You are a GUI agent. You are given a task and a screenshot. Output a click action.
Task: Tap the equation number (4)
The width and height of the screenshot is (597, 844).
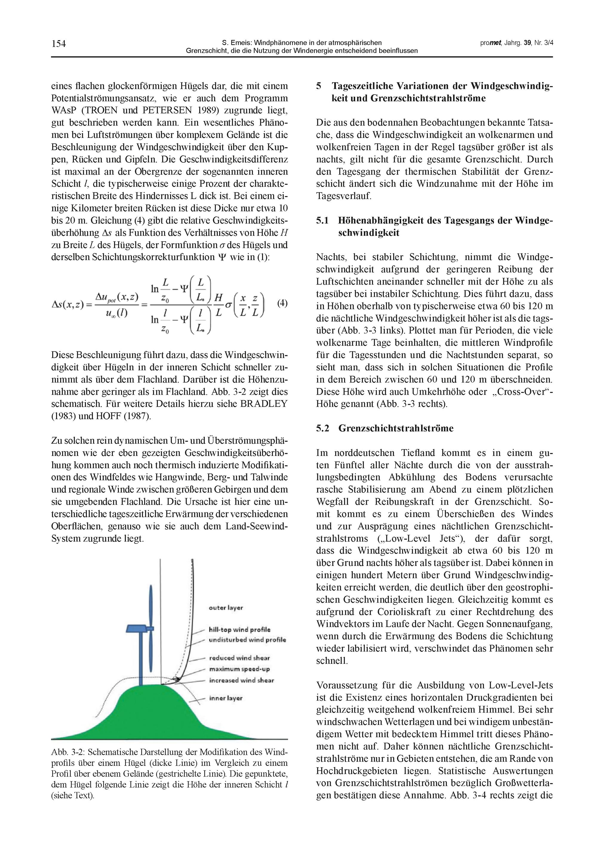click(282, 303)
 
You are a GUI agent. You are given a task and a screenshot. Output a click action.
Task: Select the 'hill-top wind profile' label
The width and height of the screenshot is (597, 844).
click(239, 630)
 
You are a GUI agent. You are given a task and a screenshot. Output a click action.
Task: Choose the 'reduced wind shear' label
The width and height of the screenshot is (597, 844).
click(239, 658)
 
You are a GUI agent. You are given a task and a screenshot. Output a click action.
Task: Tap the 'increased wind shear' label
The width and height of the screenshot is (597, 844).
click(241, 680)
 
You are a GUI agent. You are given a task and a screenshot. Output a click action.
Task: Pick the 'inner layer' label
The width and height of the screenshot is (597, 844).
click(226, 698)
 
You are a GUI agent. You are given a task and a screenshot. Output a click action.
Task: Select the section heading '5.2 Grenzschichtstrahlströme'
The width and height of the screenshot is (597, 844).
click(384, 428)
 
